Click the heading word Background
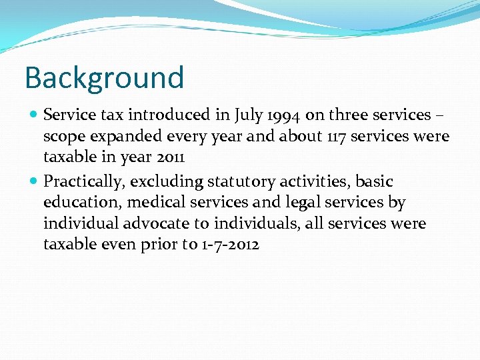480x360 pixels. (104, 77)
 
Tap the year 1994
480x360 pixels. (286, 115)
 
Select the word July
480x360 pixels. (248, 115)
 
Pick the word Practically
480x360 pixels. (85, 181)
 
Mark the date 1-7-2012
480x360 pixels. (230, 245)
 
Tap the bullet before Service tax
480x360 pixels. (33, 115)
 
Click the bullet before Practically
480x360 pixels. (33, 181)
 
